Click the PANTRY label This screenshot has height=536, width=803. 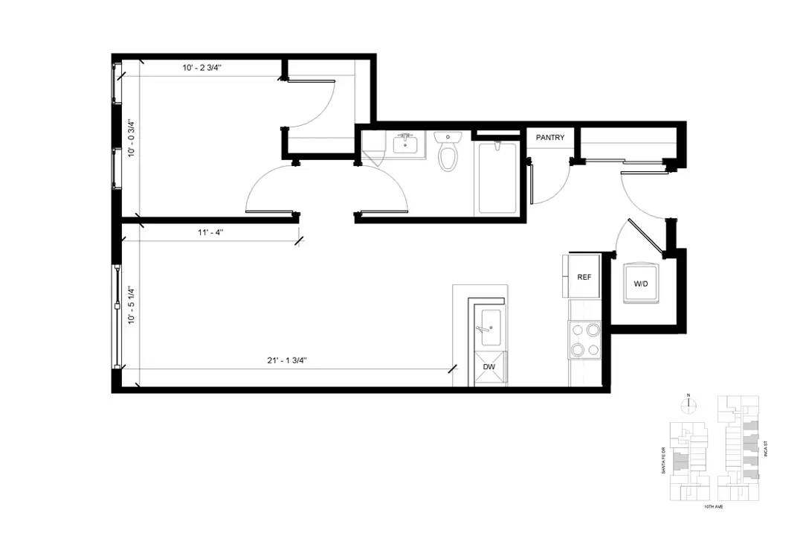[x=550, y=138]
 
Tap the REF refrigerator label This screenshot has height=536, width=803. [x=584, y=277]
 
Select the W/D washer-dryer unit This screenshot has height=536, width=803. [x=641, y=283]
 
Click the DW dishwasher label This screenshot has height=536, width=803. [x=489, y=367]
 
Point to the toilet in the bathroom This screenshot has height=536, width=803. [x=448, y=150]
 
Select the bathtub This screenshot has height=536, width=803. [x=497, y=178]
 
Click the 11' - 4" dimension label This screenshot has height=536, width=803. [x=210, y=232]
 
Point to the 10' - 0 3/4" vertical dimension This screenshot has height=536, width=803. [x=132, y=138]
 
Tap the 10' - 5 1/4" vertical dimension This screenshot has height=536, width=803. [x=132, y=305]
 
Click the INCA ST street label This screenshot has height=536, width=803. [x=766, y=449]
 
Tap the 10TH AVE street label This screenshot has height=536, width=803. [x=713, y=506]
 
